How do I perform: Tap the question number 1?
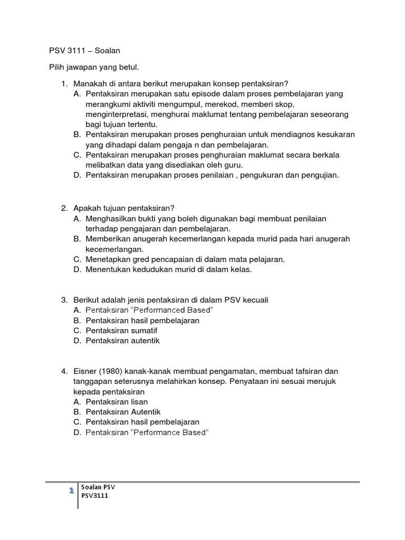point(64,84)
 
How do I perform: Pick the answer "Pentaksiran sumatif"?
point(121,331)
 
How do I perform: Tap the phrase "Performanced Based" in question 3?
point(175,310)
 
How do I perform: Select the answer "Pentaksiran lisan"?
point(117,402)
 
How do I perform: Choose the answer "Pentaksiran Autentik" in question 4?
point(123,412)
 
